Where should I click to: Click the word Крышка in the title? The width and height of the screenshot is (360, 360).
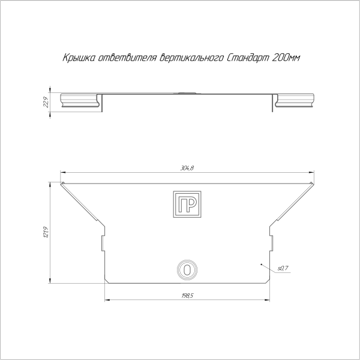click(x=78, y=58)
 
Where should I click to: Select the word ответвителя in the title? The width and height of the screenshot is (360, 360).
click(x=127, y=58)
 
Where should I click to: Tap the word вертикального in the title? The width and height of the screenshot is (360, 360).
click(x=191, y=58)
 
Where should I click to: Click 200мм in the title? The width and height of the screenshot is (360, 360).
click(x=286, y=58)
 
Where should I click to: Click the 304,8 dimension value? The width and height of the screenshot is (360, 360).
click(x=187, y=168)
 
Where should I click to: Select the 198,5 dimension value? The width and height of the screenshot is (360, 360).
click(x=187, y=296)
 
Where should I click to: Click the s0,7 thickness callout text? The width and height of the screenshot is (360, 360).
click(x=283, y=268)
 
